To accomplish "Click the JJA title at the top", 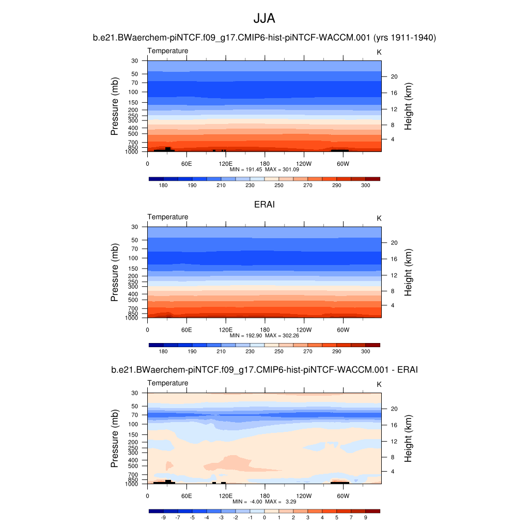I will [x=264, y=19].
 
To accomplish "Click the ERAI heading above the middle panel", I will [x=264, y=205].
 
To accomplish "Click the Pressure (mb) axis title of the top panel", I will [x=115, y=106].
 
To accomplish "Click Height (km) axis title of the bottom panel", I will [x=408, y=439].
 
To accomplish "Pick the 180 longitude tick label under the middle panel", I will [x=264, y=330].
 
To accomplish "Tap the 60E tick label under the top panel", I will [x=186, y=164].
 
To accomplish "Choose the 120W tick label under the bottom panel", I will [x=304, y=496].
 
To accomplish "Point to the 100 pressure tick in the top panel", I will [x=134, y=92].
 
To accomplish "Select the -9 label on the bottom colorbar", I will [x=163, y=517].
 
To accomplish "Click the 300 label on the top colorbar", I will [x=365, y=185].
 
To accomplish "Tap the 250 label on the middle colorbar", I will [x=279, y=351].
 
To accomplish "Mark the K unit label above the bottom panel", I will [x=379, y=384].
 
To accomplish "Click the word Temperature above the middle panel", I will [x=168, y=217].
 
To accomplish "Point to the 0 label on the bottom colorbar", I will [x=264, y=517].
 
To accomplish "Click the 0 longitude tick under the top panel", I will [x=148, y=164].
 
